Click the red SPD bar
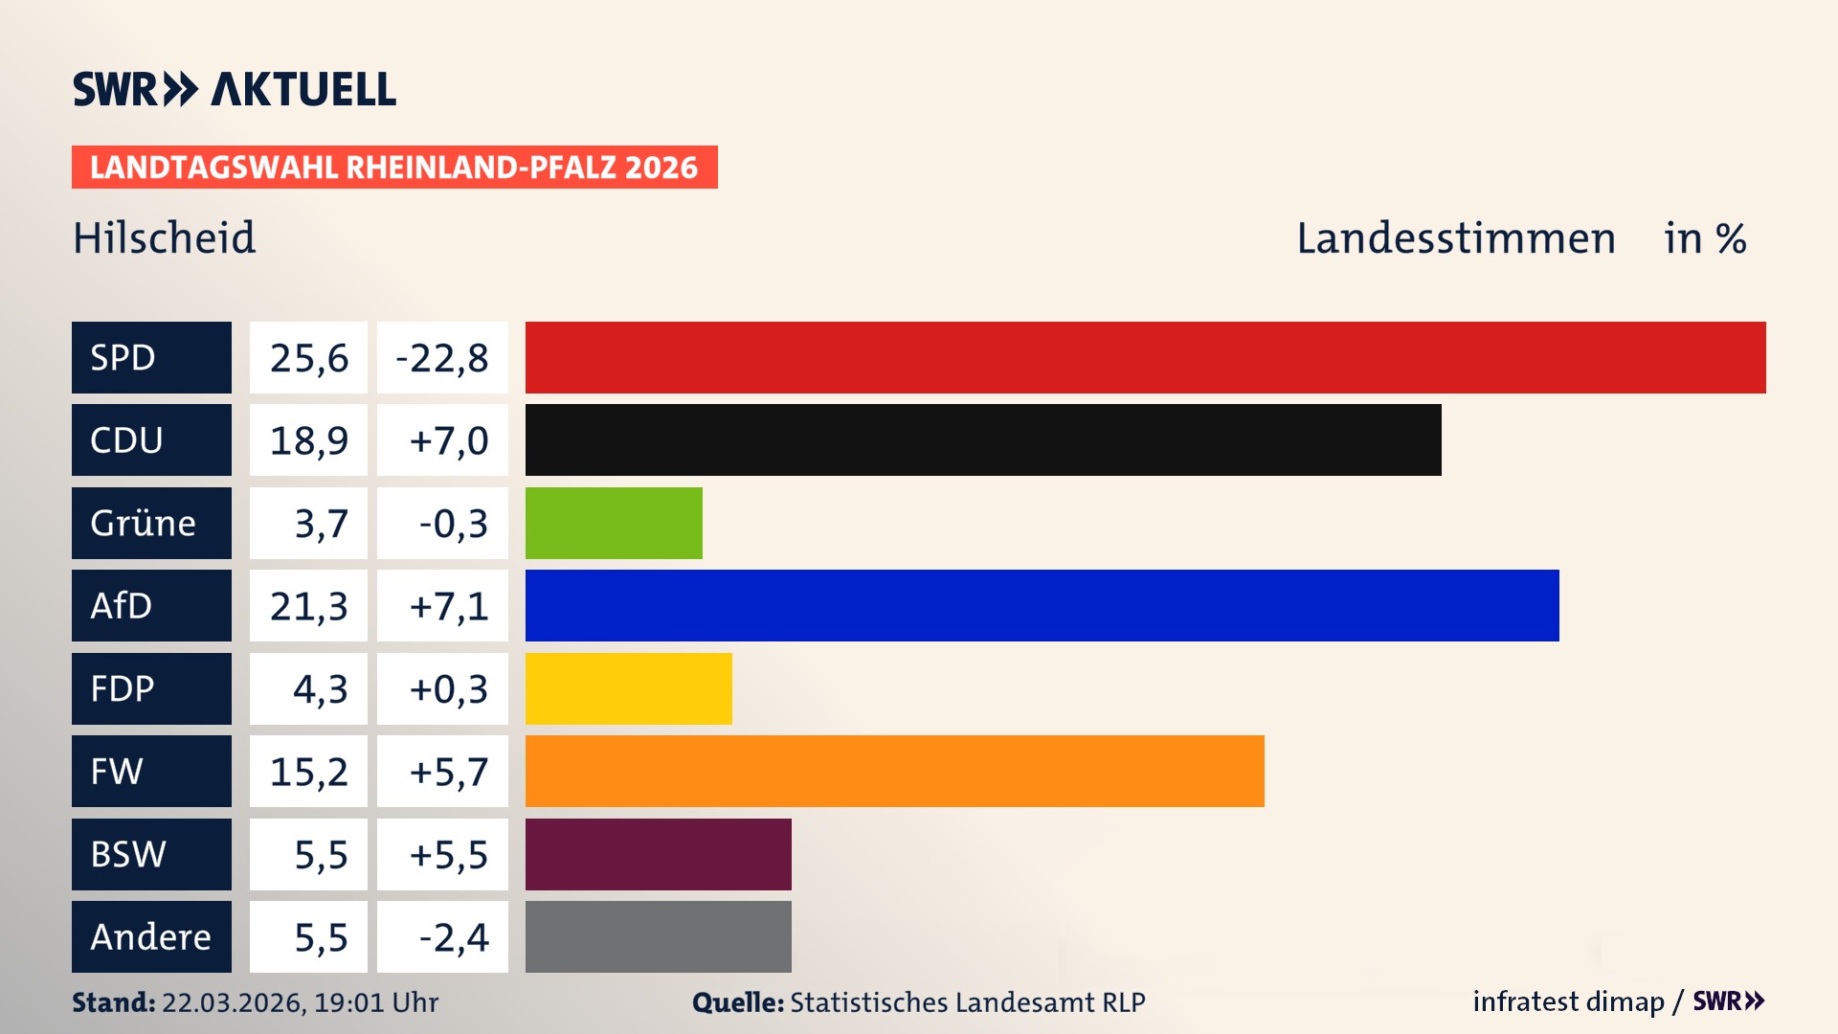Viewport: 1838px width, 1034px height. tap(1145, 357)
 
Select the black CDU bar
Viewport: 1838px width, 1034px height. tap(983, 439)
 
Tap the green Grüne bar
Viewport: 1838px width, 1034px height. tap(614, 523)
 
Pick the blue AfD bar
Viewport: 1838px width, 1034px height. tap(1042, 605)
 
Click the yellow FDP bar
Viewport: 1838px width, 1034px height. tap(628, 688)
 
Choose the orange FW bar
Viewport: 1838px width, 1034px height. tap(894, 771)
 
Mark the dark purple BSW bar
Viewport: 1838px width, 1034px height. tap(658, 854)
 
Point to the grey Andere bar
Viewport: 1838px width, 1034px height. tap(658, 936)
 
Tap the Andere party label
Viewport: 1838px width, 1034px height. tap(151, 936)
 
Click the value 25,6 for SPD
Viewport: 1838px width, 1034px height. tap(308, 357)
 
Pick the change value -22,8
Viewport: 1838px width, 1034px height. tap(442, 357)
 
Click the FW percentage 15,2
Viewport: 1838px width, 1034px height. tap(308, 771)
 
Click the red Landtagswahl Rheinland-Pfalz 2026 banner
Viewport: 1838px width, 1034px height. tap(394, 167)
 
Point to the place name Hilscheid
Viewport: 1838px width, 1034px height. tap(165, 237)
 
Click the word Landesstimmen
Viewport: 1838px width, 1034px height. tap(1455, 237)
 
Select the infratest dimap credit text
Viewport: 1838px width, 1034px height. tap(1568, 1001)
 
